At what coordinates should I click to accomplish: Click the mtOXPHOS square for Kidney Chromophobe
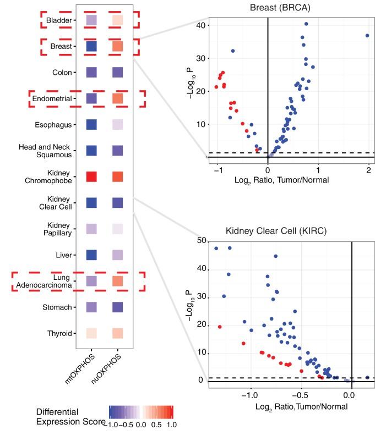coord(91,177)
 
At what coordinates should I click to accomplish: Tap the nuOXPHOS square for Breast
coord(117,47)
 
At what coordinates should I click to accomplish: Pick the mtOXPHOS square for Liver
coord(91,255)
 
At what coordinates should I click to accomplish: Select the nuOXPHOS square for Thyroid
coord(117,333)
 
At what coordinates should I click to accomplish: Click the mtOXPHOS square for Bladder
coord(91,20)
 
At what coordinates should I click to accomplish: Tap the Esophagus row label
coord(54,125)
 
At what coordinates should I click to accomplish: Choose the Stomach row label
coord(57,307)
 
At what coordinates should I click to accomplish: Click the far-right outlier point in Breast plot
coord(367,35)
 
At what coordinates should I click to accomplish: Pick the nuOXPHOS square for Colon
coord(117,73)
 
